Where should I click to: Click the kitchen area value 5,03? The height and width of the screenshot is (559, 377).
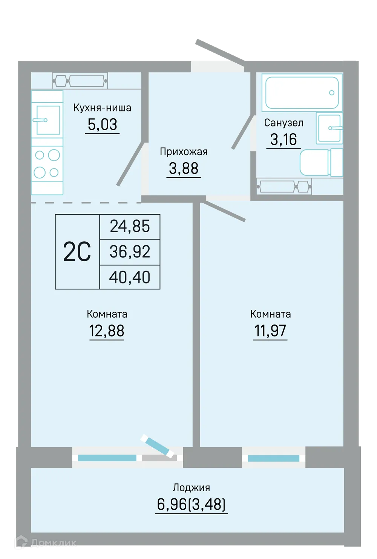(x=102, y=125)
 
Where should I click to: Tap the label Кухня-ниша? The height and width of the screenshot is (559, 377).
(x=102, y=108)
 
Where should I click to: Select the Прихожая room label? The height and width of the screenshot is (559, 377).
(x=184, y=152)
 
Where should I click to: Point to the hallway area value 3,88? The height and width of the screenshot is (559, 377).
(x=184, y=168)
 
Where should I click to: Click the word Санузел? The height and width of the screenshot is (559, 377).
(x=284, y=123)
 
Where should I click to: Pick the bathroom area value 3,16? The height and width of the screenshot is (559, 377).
(x=284, y=139)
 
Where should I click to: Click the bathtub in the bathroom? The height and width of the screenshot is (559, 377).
(x=302, y=92)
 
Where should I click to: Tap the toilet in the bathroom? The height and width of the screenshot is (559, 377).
(x=321, y=163)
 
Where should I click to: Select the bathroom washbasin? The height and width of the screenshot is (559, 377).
(x=329, y=128)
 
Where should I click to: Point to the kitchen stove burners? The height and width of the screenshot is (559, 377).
(x=47, y=164)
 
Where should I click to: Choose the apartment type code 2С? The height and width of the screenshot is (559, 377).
(x=77, y=252)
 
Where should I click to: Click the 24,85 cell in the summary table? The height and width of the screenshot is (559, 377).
(x=130, y=226)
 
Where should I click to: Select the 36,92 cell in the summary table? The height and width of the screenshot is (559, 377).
(x=130, y=252)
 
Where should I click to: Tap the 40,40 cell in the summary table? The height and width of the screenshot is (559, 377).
(x=130, y=277)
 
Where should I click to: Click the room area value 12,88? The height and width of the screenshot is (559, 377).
(x=107, y=331)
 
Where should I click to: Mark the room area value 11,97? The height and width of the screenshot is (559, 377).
(x=270, y=331)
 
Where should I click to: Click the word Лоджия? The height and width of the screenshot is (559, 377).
(x=191, y=487)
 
